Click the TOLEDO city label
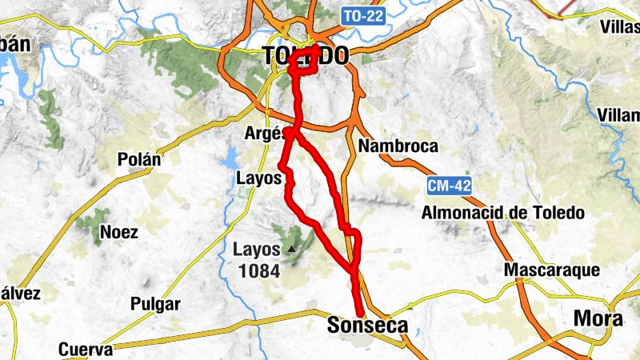[306, 56]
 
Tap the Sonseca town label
[367, 326]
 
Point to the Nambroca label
[398, 146]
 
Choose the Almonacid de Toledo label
[503, 214]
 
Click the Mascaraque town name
[551, 270]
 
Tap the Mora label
[598, 318]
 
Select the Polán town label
[138, 158]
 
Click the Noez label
[118, 233]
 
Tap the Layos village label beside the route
[258, 178]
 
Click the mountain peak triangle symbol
[291, 250]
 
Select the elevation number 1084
[258, 271]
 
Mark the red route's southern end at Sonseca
[360, 313]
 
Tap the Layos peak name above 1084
[257, 250]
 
